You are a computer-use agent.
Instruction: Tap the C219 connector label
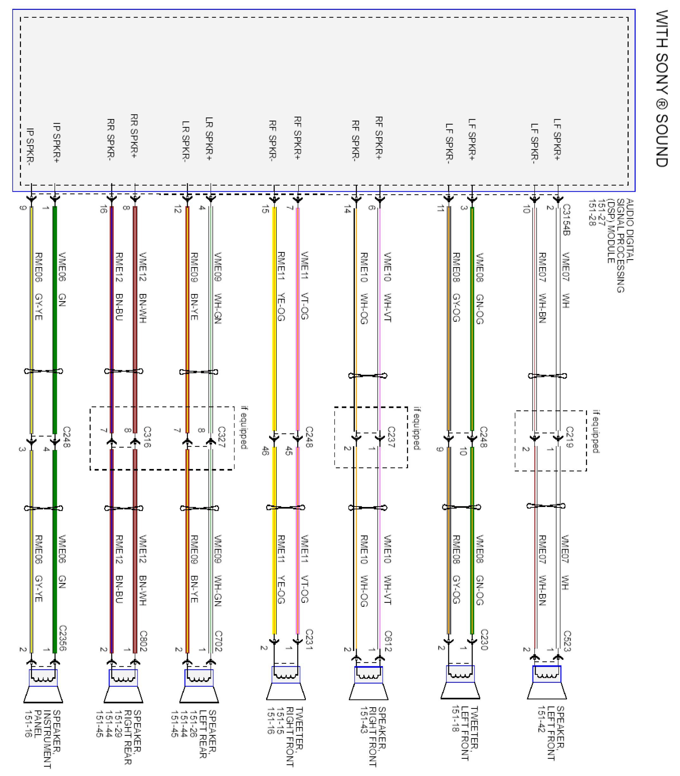570,437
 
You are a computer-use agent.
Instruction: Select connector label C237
391,437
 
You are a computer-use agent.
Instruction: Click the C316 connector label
147,437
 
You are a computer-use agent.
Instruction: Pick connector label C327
222,437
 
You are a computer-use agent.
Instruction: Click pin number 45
289,451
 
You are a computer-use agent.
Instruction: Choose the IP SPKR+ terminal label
56,142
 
